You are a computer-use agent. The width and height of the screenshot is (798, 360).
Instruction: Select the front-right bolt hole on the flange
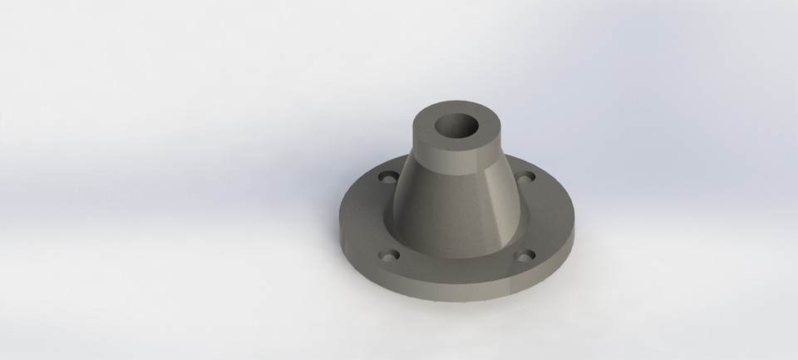[524, 255]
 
